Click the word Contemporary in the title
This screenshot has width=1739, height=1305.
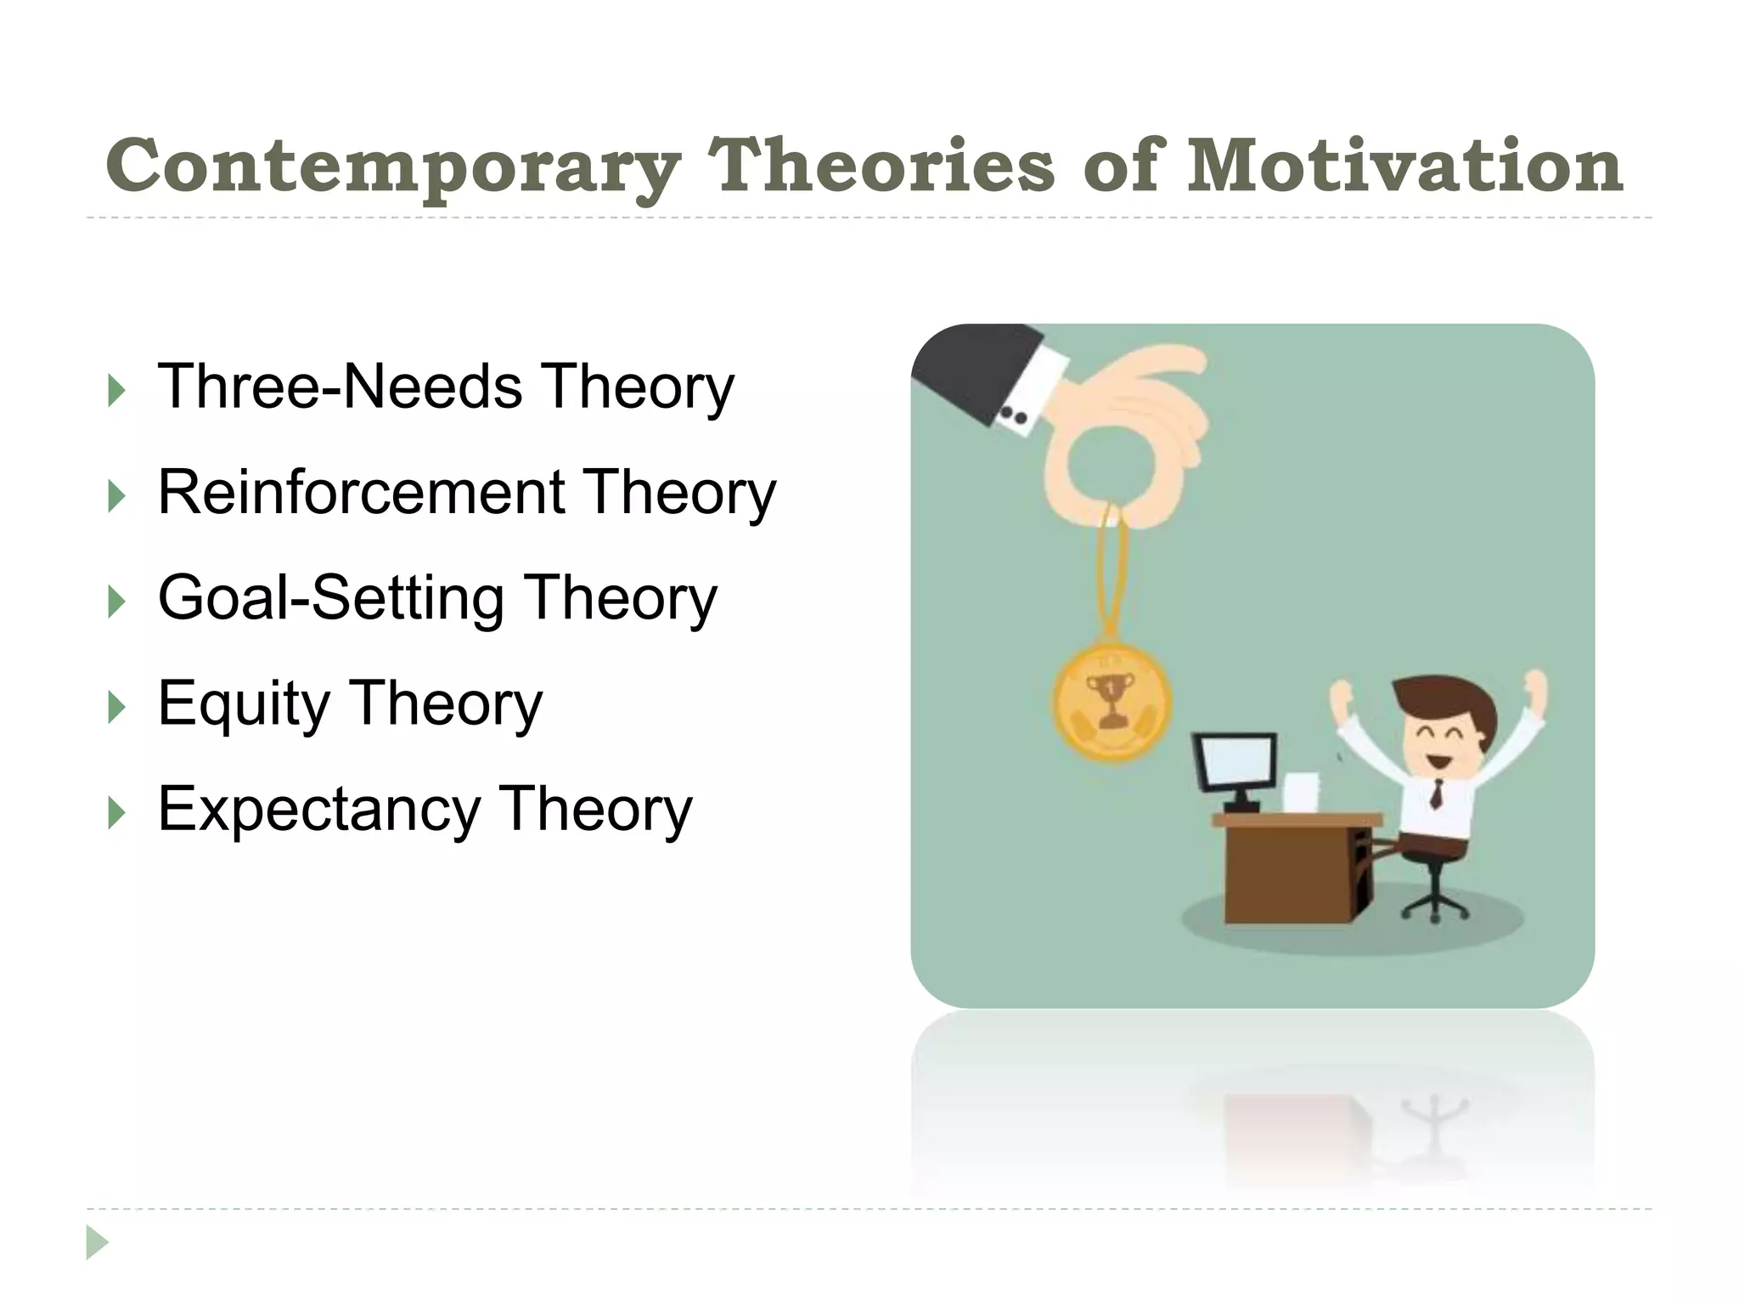pos(392,167)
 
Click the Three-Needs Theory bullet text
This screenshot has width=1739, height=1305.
pos(445,387)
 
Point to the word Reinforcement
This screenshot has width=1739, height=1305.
pos(361,493)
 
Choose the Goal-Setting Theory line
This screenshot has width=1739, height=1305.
pos(437,599)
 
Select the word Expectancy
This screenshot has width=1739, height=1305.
pos(319,811)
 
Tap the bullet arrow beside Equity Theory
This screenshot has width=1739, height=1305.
pos(117,707)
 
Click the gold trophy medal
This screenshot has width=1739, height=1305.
pos(1111,701)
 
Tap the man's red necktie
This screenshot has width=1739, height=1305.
pos(1436,794)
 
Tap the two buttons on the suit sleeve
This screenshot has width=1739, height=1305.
pos(1013,416)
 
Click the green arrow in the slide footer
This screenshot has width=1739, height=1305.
pos(97,1242)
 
